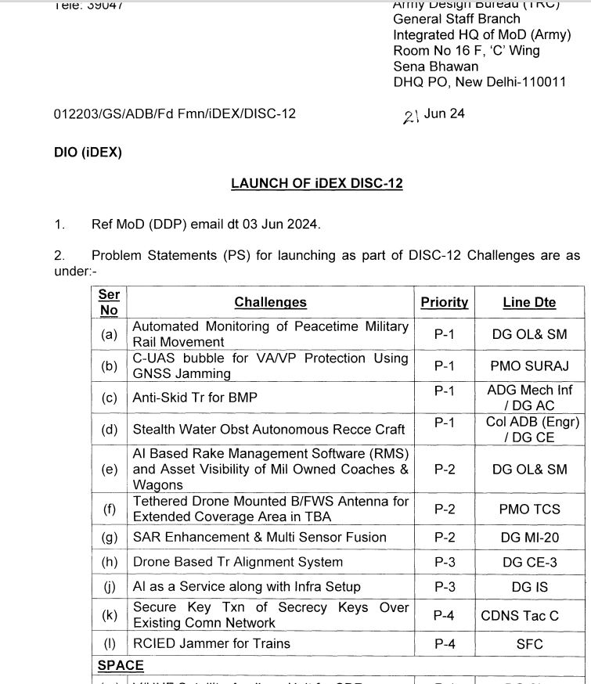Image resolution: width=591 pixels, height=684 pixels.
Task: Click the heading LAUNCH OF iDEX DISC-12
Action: coord(316,184)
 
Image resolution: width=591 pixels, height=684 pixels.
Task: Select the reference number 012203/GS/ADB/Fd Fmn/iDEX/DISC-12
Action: coord(175,114)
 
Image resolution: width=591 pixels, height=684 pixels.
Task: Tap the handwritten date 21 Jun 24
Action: coord(434,114)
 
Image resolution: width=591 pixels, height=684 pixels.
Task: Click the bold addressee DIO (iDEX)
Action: coord(88,153)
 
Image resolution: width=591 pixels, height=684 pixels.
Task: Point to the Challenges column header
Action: coord(270,302)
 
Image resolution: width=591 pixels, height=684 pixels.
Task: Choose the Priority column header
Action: coord(444,302)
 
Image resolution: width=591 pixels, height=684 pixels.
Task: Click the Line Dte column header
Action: coord(529,302)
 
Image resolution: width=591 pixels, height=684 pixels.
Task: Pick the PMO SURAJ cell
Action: coord(529,365)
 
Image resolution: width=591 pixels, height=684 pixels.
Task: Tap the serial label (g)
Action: coord(110,538)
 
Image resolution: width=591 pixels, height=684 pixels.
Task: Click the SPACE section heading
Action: coord(121,665)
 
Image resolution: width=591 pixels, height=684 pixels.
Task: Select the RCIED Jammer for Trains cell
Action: coord(211,643)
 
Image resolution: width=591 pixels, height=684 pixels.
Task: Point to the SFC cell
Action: coord(529,644)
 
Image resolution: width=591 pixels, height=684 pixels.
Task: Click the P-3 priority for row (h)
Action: coord(444,562)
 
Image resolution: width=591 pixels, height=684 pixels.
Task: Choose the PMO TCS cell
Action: coord(529,509)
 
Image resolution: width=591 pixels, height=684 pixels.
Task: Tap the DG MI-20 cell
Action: coord(529,538)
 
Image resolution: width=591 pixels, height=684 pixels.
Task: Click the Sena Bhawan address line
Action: coord(435,67)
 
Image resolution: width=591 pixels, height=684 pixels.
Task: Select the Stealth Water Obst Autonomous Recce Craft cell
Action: coord(268,430)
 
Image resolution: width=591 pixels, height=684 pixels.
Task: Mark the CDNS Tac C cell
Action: coord(520,615)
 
